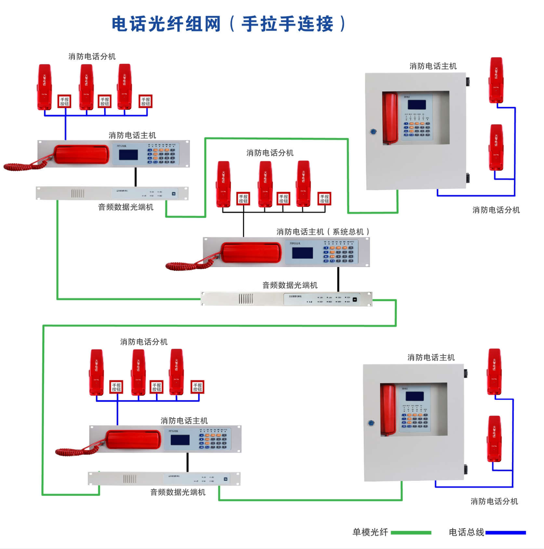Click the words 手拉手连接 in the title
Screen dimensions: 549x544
tap(287, 24)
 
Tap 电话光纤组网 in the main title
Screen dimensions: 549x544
tap(166, 24)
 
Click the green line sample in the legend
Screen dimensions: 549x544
tap(411, 532)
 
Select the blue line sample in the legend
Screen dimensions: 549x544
tap(505, 532)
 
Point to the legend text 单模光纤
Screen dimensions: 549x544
tap(370, 532)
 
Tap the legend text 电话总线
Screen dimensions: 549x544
tap(466, 532)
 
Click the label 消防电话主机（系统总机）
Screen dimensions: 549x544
tap(323, 232)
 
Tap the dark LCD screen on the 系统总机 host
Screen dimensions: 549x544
tap(302, 253)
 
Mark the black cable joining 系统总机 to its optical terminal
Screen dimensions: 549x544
tap(338, 279)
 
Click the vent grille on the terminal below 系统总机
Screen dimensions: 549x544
tap(246, 299)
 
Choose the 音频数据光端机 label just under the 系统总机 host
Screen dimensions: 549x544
tap(290, 285)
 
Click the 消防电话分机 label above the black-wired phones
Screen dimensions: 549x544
tap(270, 153)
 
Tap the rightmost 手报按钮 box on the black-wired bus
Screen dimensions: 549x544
tap(324, 199)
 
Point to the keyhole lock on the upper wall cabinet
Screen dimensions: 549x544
tap(373, 132)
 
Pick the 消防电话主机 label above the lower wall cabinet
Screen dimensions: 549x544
tap(431, 357)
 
